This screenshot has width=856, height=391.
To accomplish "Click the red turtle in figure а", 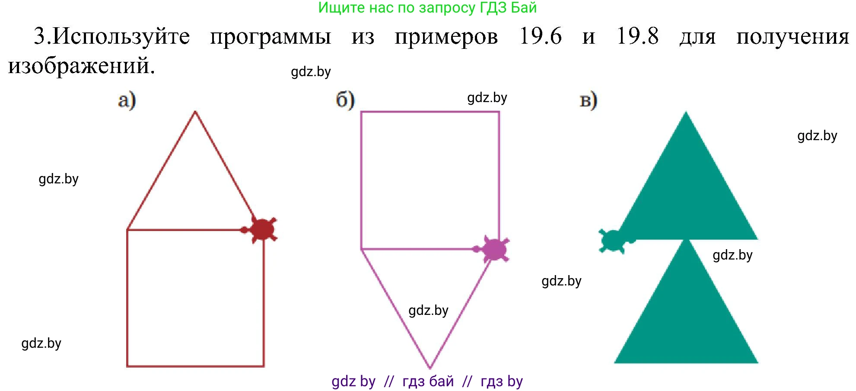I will coord(261,229).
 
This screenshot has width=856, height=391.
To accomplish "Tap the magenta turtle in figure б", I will coord(494,250).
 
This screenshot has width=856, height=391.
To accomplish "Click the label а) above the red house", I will coord(127,100).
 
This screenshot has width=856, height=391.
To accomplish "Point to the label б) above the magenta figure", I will coord(345,100).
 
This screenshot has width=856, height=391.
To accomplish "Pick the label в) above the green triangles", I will coord(588,100).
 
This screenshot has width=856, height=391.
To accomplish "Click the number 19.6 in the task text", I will coord(540,36).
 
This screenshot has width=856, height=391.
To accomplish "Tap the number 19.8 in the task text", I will coord(637,36).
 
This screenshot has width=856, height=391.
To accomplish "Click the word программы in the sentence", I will coord(270,37).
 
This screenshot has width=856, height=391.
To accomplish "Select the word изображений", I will coord(81,66).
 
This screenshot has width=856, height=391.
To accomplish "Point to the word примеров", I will coord(446,37).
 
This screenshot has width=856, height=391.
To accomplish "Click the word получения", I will coord(792,37).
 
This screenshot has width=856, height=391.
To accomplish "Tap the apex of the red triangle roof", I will coord(195,112).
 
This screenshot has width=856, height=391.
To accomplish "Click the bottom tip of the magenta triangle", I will coord(430,368).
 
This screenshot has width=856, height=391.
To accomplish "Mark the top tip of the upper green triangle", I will coord(686,112).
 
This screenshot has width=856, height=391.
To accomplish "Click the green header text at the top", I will coord(427,8).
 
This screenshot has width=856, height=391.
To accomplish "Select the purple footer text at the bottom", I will coord(427,381).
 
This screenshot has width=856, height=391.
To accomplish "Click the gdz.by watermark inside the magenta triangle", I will coord(428,310).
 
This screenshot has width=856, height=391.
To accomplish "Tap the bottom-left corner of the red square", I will coord(127,366).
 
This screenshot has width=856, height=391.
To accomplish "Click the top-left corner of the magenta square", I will coord(361,112).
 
